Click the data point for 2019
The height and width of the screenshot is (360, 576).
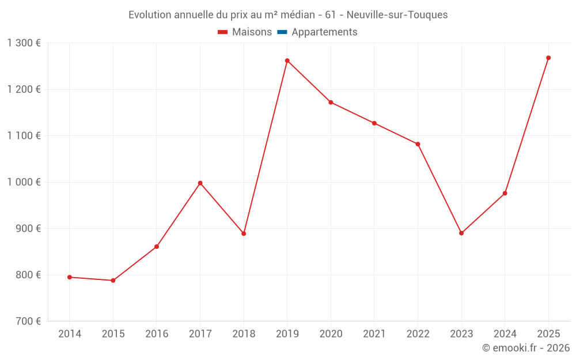tap(287, 60)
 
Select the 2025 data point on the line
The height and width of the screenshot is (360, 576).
tap(548, 58)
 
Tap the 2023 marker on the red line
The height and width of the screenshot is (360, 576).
tap(461, 233)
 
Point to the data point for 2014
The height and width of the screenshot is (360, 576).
tap(70, 277)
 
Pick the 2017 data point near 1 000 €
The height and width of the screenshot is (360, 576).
tap(200, 183)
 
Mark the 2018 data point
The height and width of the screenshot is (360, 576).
tap(244, 234)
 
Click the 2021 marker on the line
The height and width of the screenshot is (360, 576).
tap(374, 123)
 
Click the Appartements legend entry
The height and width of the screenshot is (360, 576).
tap(324, 32)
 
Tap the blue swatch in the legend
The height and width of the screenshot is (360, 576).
tap(282, 32)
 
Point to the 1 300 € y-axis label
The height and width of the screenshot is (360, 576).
tap(24, 43)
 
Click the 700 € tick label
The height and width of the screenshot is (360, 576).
tap(27, 321)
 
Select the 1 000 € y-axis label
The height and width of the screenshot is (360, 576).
tap(24, 182)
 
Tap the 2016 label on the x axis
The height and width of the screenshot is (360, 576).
tap(157, 334)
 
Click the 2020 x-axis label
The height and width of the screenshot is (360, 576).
tap(331, 334)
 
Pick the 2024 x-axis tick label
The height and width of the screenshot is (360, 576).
tap(505, 334)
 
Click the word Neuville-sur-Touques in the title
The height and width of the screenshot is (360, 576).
tap(397, 15)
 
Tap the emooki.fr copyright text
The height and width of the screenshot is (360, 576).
tap(526, 348)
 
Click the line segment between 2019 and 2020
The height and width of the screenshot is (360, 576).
tap(309, 81)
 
